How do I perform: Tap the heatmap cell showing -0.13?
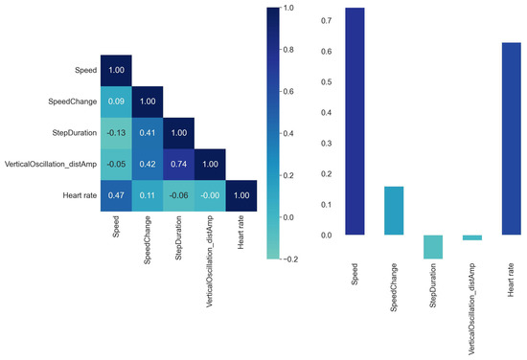click(116, 134)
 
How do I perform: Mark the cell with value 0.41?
click(147, 134)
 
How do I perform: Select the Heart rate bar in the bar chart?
click(510, 139)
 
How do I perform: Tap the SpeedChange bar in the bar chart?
click(393, 211)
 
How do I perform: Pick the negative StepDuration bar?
click(432, 247)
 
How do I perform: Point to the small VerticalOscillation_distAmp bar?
click(470, 237)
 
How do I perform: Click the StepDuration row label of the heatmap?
click(70, 134)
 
